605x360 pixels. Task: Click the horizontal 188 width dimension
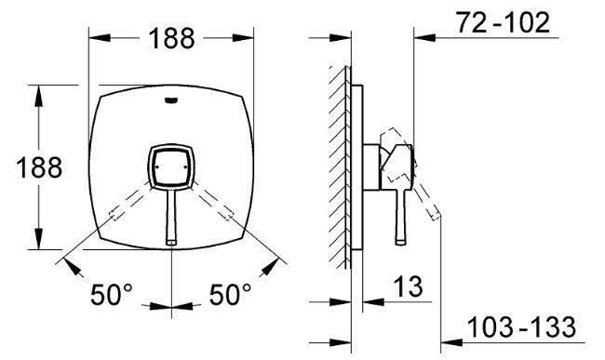click(x=171, y=38)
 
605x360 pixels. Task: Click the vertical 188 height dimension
click(x=39, y=167)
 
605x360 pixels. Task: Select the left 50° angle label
click(x=111, y=295)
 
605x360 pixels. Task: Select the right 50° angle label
click(x=230, y=295)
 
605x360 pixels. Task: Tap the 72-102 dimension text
click(x=504, y=22)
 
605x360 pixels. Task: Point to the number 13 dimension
click(x=409, y=287)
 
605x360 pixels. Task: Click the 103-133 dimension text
click(x=521, y=327)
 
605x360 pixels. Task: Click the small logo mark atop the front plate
click(x=171, y=100)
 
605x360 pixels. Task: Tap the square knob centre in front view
click(x=171, y=167)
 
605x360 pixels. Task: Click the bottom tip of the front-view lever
click(x=171, y=243)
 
